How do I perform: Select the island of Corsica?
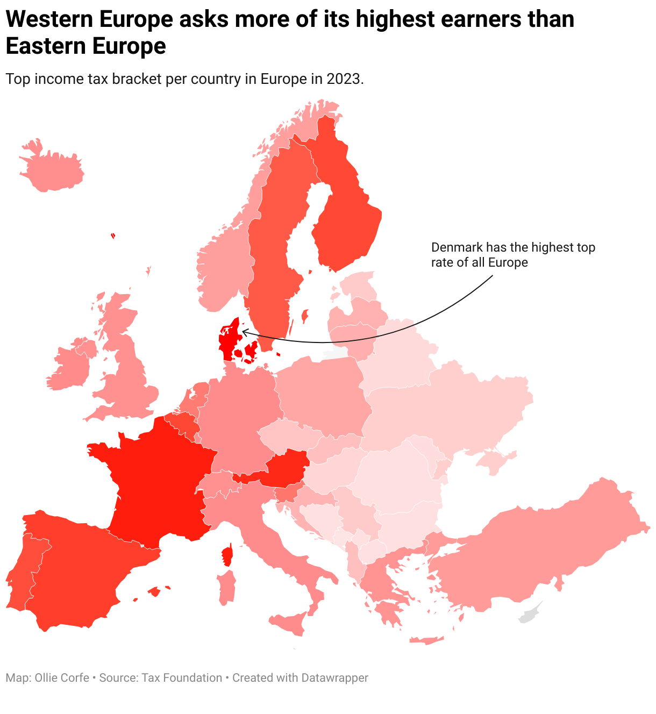227,555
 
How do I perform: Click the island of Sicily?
290,624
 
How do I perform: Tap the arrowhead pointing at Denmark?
243,332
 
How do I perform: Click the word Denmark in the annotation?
457,247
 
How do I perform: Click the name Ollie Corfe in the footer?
62,678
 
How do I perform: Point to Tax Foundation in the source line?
182,678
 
